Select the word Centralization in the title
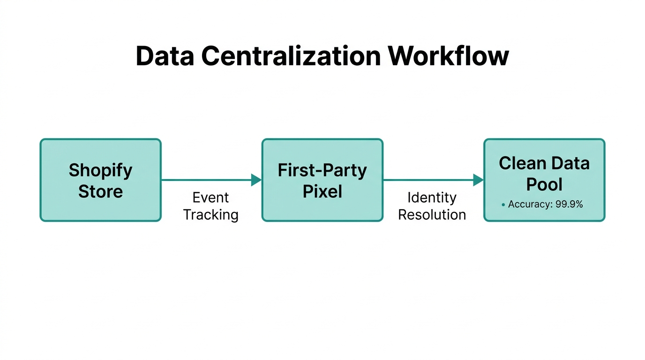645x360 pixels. [291, 56]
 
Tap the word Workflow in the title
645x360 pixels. [449, 56]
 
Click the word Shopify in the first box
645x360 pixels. [100, 170]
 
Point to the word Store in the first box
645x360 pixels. [100, 191]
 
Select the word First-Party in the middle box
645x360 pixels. [322, 170]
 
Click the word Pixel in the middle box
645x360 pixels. [322, 191]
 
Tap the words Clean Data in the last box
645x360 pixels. [544, 163]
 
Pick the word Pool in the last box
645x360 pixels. [544, 184]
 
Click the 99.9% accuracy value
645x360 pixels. [569, 204]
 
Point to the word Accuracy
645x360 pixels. [530, 204]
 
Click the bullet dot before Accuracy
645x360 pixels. [503, 205]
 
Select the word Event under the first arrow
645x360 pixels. [210, 197]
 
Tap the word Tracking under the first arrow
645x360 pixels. [210, 215]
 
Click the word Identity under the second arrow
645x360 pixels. [432, 197]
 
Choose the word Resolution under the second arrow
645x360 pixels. [432, 215]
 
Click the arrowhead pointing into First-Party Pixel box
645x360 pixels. [256, 180]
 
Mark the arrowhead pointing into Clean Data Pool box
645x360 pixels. [478, 180]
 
